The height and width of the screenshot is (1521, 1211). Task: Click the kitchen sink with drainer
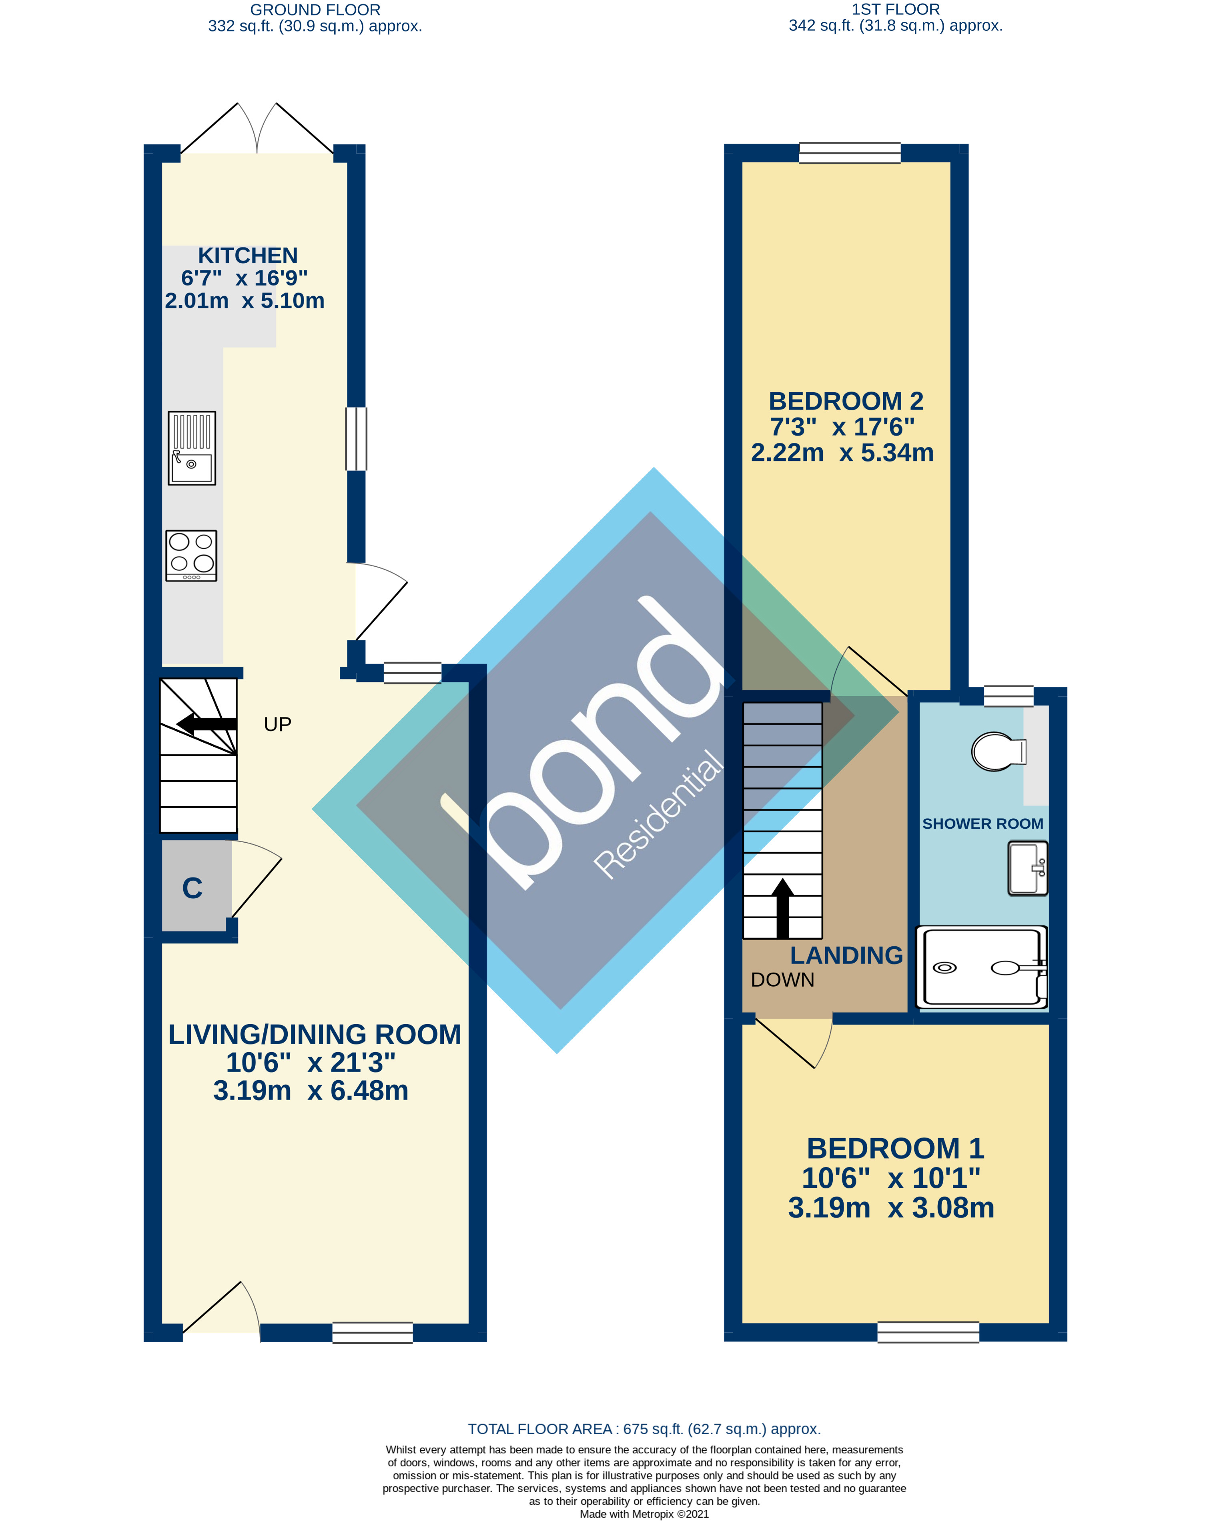coord(191,448)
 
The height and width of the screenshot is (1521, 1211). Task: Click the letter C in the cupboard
coord(192,888)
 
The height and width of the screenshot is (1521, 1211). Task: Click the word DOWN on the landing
coord(782,980)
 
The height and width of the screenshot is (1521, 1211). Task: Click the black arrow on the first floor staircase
coord(782,909)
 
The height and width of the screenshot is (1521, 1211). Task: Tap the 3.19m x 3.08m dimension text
coord(890,1208)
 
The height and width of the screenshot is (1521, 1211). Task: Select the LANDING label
coord(846,955)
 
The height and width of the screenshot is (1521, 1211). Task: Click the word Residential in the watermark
coord(658,815)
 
